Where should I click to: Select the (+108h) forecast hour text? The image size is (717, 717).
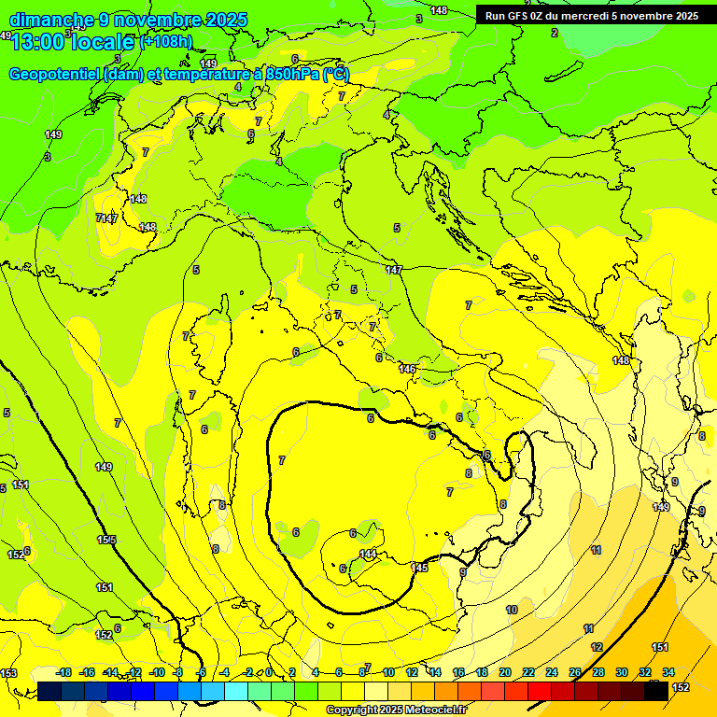click(x=165, y=41)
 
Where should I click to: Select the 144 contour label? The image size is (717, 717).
click(x=368, y=554)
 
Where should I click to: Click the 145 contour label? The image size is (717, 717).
click(x=419, y=567)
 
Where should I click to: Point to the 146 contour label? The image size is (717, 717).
click(x=407, y=369)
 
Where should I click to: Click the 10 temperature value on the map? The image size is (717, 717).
click(x=512, y=610)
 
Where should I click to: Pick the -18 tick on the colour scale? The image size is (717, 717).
click(x=64, y=672)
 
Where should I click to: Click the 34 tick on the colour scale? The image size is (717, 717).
click(x=668, y=672)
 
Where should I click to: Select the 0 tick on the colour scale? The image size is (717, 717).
click(x=269, y=672)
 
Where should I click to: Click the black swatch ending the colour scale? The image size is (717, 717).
click(x=656, y=691)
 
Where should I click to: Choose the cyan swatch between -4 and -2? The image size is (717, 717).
click(x=236, y=691)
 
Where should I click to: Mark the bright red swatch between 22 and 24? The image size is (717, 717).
click(x=540, y=691)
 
